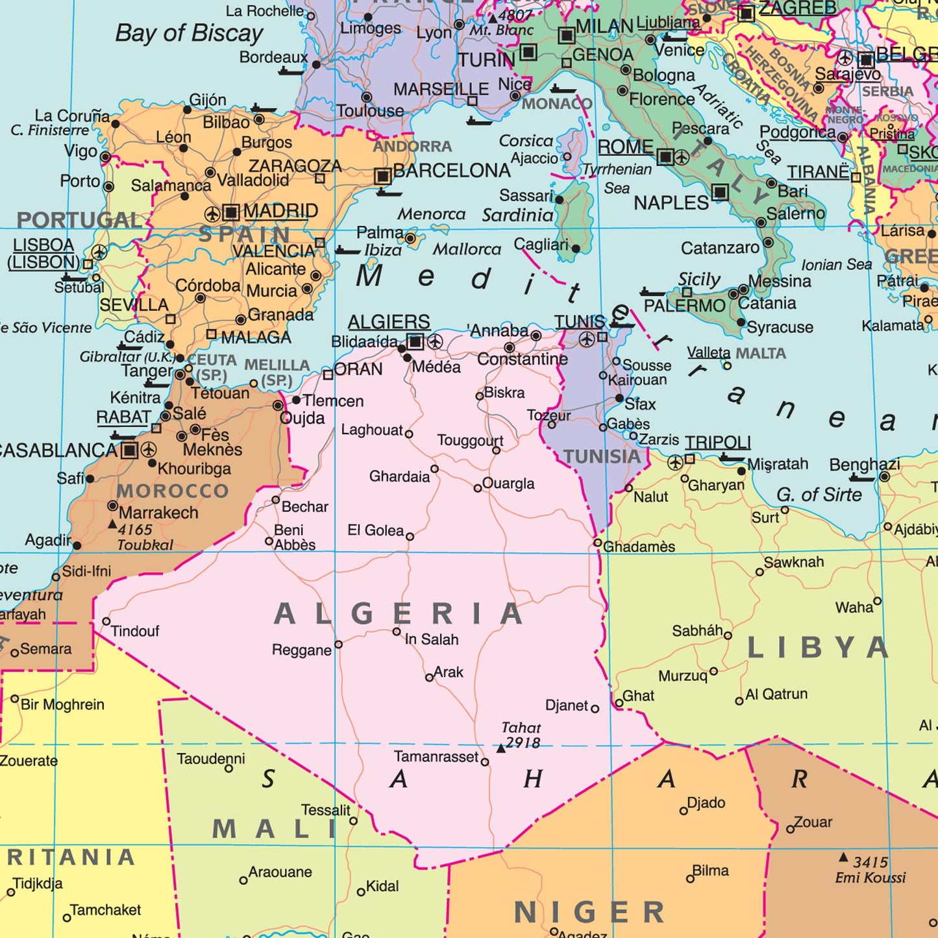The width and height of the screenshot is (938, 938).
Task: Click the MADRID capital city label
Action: point(280,211)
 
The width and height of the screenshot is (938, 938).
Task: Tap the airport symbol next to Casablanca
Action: point(149,450)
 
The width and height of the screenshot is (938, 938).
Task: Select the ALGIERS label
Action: point(388,322)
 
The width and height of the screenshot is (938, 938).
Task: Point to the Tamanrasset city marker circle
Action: point(484,762)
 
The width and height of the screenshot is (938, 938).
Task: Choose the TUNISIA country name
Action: point(602,457)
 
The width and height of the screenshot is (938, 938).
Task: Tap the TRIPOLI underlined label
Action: point(718,443)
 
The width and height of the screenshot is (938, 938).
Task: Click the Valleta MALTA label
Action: point(736,353)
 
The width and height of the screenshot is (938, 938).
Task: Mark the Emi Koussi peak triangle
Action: point(843,858)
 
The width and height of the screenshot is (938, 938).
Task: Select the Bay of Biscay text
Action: point(189,33)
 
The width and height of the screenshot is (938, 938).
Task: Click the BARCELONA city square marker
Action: point(383,176)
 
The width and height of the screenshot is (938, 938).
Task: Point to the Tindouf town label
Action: point(134,631)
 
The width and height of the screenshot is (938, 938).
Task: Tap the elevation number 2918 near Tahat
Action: point(523,743)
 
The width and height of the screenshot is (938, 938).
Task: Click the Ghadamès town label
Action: point(639,547)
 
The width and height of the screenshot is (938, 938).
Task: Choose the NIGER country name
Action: point(589,912)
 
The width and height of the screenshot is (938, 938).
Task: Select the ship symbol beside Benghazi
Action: point(862,479)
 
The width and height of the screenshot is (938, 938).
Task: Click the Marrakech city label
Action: point(158,513)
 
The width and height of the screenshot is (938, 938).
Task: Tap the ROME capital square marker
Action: point(665,157)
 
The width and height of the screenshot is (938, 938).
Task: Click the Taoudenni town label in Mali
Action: point(211,759)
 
